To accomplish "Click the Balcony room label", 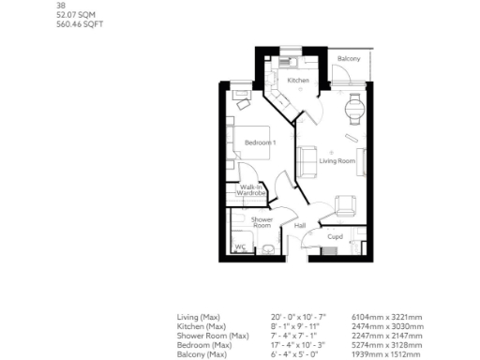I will (349, 59).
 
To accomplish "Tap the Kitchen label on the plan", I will (298, 81).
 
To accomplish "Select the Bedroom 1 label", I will (260, 142).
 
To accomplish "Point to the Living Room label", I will (337, 161).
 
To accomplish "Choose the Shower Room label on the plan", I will (262, 222).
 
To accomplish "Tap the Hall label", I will (300, 225).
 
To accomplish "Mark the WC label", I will (239, 247).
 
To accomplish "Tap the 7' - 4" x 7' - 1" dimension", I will (288, 336).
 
